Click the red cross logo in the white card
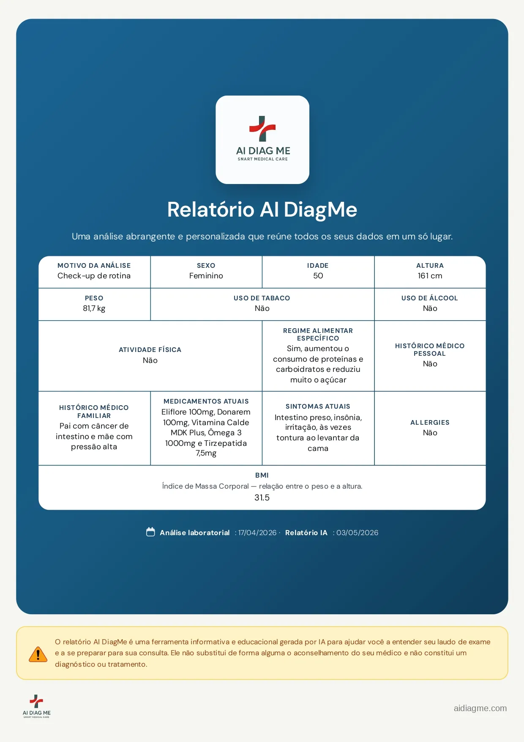click(262, 129)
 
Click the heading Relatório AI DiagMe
click(262, 209)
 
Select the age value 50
click(318, 276)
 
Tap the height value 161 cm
click(430, 276)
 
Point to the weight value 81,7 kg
click(94, 308)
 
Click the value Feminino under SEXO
click(206, 276)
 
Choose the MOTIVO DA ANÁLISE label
click(94, 266)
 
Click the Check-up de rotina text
click(94, 276)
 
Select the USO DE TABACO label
click(262, 298)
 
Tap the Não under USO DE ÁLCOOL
click(430, 308)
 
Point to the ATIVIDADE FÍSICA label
click(150, 350)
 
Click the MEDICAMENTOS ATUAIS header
click(206, 401)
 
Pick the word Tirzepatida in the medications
click(226, 443)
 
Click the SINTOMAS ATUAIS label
click(318, 407)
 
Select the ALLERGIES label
click(430, 423)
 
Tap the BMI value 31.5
click(262, 498)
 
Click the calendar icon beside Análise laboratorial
click(150, 532)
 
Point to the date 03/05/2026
click(357, 533)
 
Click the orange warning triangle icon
click(38, 654)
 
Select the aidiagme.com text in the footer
click(480, 708)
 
